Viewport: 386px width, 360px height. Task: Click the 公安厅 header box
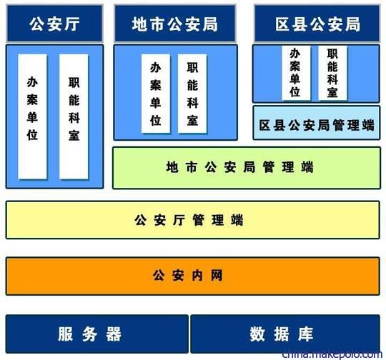tap(54, 24)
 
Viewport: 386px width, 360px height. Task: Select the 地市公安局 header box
tap(175, 24)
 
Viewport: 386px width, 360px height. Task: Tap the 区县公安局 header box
tap(317, 24)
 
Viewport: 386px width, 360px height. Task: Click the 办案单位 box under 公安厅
tap(32, 116)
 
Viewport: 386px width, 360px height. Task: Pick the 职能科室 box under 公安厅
tap(74, 116)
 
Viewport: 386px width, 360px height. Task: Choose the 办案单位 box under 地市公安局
tap(156, 94)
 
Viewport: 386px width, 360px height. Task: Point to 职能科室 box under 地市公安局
tap(192, 94)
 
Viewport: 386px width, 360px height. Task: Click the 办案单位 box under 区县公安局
tap(296, 73)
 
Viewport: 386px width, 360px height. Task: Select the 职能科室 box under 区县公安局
tap(332, 73)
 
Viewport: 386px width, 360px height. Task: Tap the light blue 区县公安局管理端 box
tap(317, 123)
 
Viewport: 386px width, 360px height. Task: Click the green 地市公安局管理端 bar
tap(247, 168)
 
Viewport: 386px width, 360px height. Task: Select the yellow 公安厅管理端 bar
tap(193, 220)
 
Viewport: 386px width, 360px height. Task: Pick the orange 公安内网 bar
tap(193, 276)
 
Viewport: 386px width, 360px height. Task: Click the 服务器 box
tap(97, 334)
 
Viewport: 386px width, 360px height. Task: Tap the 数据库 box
tap(285, 334)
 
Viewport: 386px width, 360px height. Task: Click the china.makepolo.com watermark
tap(332, 355)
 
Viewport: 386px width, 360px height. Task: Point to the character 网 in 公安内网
tap(217, 276)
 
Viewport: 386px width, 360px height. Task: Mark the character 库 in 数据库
tap(305, 334)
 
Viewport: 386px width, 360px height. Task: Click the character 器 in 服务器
tap(114, 334)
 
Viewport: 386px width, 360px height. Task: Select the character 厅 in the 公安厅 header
tap(71, 24)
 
